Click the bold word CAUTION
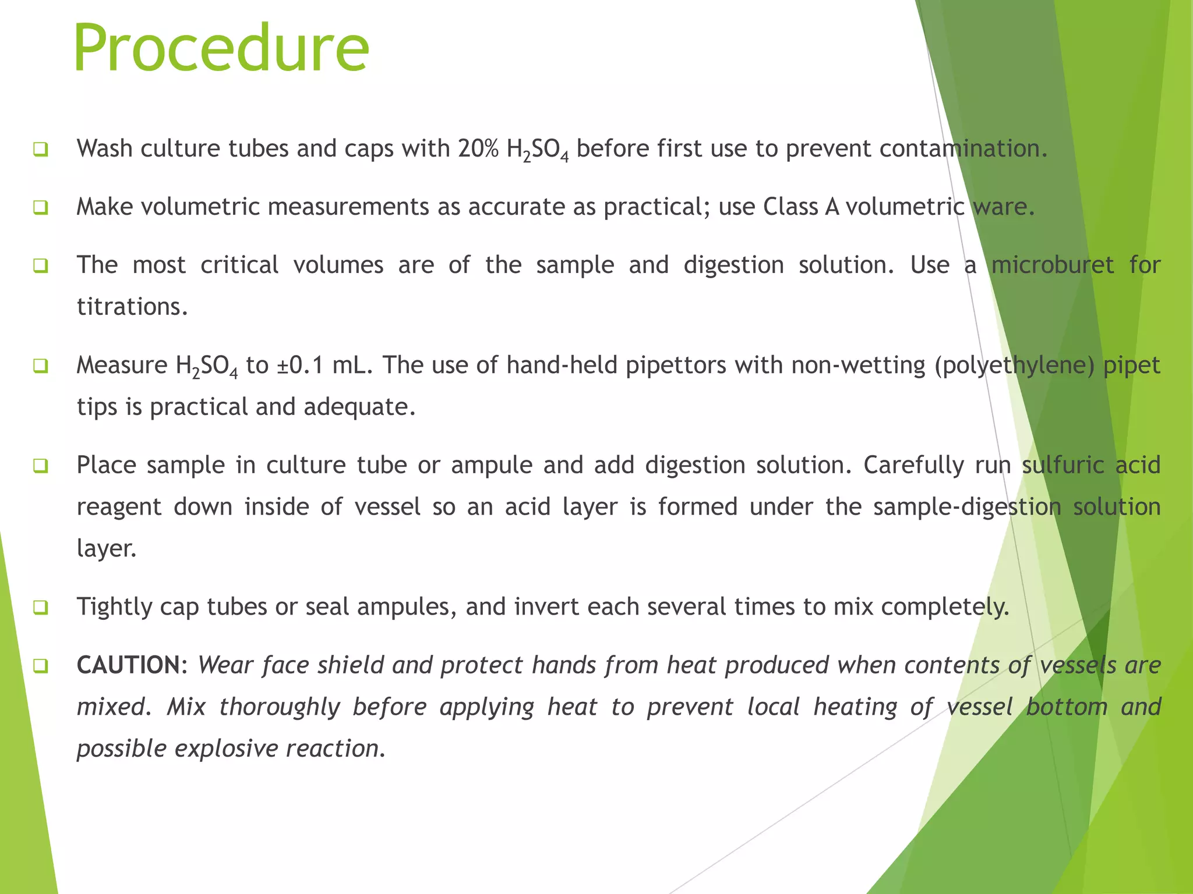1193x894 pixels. point(129,665)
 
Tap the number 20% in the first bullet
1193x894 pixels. point(478,149)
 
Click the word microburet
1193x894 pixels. point(1053,265)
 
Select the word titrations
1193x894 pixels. point(132,307)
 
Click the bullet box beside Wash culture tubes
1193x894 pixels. point(40,150)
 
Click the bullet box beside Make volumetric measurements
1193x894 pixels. point(40,207)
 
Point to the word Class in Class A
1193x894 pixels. point(790,207)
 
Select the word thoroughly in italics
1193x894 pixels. point(280,707)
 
